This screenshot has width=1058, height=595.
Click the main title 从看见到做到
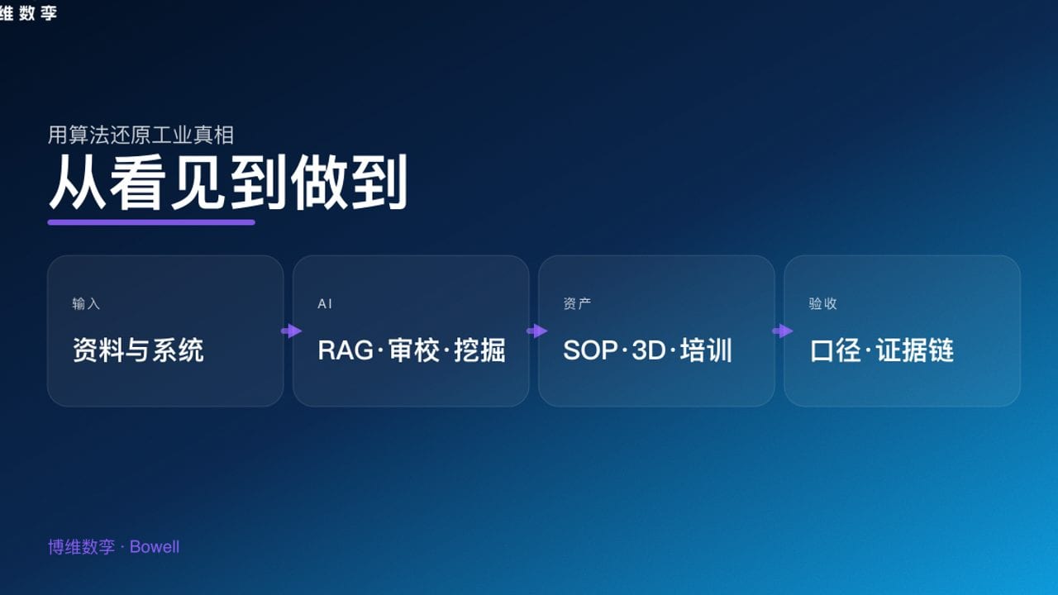click(227, 183)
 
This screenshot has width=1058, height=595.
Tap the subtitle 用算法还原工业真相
click(141, 135)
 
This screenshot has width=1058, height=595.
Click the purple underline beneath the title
click(151, 221)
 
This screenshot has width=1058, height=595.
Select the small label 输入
click(86, 304)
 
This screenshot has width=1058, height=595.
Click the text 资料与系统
click(138, 350)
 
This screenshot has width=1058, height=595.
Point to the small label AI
click(325, 304)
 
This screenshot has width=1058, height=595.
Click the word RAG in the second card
click(345, 350)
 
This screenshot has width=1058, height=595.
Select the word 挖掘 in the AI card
click(479, 350)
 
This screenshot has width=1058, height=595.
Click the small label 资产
click(577, 304)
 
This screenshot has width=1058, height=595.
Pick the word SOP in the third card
click(590, 350)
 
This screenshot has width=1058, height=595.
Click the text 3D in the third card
click(648, 350)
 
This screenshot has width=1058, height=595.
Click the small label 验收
click(822, 304)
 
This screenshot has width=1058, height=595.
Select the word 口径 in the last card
click(836, 350)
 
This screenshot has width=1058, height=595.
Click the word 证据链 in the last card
click(915, 350)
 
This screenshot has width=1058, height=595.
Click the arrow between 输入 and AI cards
click(291, 331)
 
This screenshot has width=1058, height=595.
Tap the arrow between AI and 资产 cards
click(536, 331)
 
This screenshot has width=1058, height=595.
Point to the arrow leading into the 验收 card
click(782, 331)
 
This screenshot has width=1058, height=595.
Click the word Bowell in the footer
click(155, 547)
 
